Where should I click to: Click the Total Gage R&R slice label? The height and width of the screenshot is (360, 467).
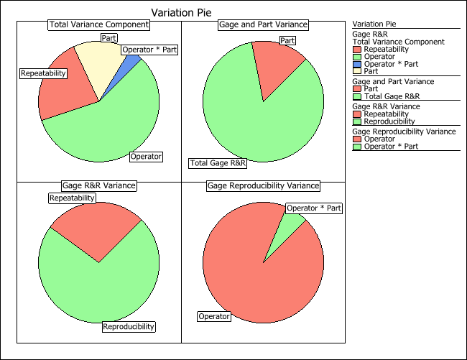click(218, 163)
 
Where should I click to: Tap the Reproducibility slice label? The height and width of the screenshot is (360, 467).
click(129, 326)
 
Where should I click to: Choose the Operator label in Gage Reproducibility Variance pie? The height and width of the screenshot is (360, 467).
click(213, 316)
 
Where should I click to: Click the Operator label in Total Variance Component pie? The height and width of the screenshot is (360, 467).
click(145, 156)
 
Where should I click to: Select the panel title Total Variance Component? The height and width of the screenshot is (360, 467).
click(99, 24)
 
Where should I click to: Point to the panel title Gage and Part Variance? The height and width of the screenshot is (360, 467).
click(263, 24)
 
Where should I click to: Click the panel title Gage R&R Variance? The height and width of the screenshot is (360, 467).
click(99, 185)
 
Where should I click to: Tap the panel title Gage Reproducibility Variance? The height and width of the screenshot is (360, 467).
click(263, 185)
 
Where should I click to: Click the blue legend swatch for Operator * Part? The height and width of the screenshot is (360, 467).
click(357, 64)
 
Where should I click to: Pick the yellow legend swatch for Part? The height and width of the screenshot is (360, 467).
click(357, 71)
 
